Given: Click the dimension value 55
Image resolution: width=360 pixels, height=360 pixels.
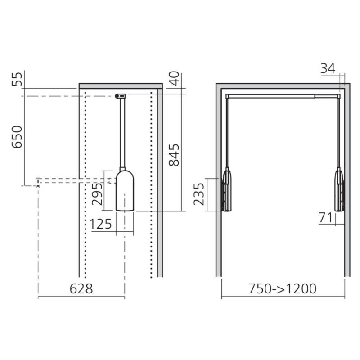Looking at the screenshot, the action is [17, 79].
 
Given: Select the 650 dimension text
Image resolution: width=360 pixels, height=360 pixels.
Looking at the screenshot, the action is [17, 137].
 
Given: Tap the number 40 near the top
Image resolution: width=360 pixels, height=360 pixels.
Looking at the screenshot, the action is [174, 78].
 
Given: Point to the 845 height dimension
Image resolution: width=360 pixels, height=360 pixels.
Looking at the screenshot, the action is [174, 155].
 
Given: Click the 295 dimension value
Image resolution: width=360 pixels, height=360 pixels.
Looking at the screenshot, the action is [97, 194].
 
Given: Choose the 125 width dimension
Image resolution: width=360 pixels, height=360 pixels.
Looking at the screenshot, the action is [100, 224].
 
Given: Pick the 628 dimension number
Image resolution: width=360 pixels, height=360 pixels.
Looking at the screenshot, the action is [81, 288].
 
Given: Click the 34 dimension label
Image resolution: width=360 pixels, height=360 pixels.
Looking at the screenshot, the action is [328, 68].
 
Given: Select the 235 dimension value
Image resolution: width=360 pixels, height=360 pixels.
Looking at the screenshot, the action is [199, 194].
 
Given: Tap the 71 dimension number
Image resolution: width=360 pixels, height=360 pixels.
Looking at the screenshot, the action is [325, 218].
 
